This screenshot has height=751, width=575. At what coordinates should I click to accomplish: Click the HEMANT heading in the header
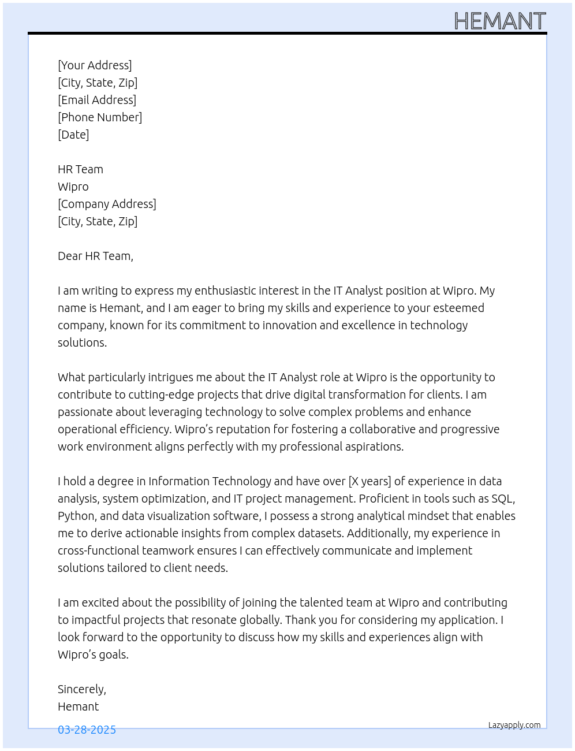click(x=499, y=21)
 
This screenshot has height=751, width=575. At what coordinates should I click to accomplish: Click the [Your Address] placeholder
click(x=95, y=65)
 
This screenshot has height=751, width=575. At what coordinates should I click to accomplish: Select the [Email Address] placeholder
click(x=97, y=100)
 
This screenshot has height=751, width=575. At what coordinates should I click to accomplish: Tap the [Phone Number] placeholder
click(x=100, y=117)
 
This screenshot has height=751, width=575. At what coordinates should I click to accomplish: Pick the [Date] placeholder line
click(x=73, y=135)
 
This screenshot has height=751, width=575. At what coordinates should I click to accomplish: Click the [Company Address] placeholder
click(x=107, y=204)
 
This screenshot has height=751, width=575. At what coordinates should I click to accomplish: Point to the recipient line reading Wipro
click(x=73, y=187)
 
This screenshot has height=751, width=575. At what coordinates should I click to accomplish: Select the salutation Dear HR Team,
click(x=95, y=256)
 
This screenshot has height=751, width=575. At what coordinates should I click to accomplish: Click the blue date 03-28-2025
click(x=87, y=730)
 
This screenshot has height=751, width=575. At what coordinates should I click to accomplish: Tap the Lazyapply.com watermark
click(x=514, y=725)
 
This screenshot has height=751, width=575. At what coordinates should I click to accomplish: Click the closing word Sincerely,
click(x=82, y=689)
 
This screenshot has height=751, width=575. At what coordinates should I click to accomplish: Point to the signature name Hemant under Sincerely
click(x=79, y=707)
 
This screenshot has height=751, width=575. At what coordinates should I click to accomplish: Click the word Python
click(x=76, y=516)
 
